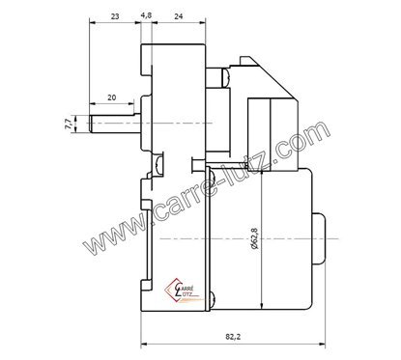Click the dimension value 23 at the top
[115, 17]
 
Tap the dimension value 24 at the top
[181, 17]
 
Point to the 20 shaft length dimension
[112, 97]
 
